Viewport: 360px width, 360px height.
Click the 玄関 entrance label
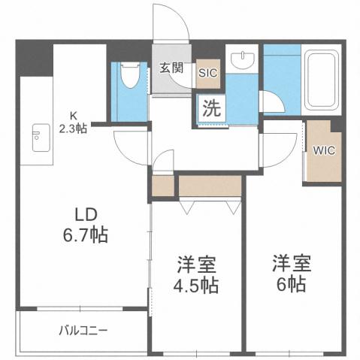(171, 68)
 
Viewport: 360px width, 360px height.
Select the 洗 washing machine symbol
(211, 107)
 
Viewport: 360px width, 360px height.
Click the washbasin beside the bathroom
(242, 62)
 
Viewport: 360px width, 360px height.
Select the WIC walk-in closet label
(324, 149)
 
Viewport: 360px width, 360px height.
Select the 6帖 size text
(289, 286)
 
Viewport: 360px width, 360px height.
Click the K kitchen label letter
(74, 115)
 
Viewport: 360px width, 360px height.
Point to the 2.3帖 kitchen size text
(73, 127)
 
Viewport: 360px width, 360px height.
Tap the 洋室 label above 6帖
(290, 264)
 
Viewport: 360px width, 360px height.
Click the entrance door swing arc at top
(169, 23)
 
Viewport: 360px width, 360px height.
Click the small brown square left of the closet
(162, 186)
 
